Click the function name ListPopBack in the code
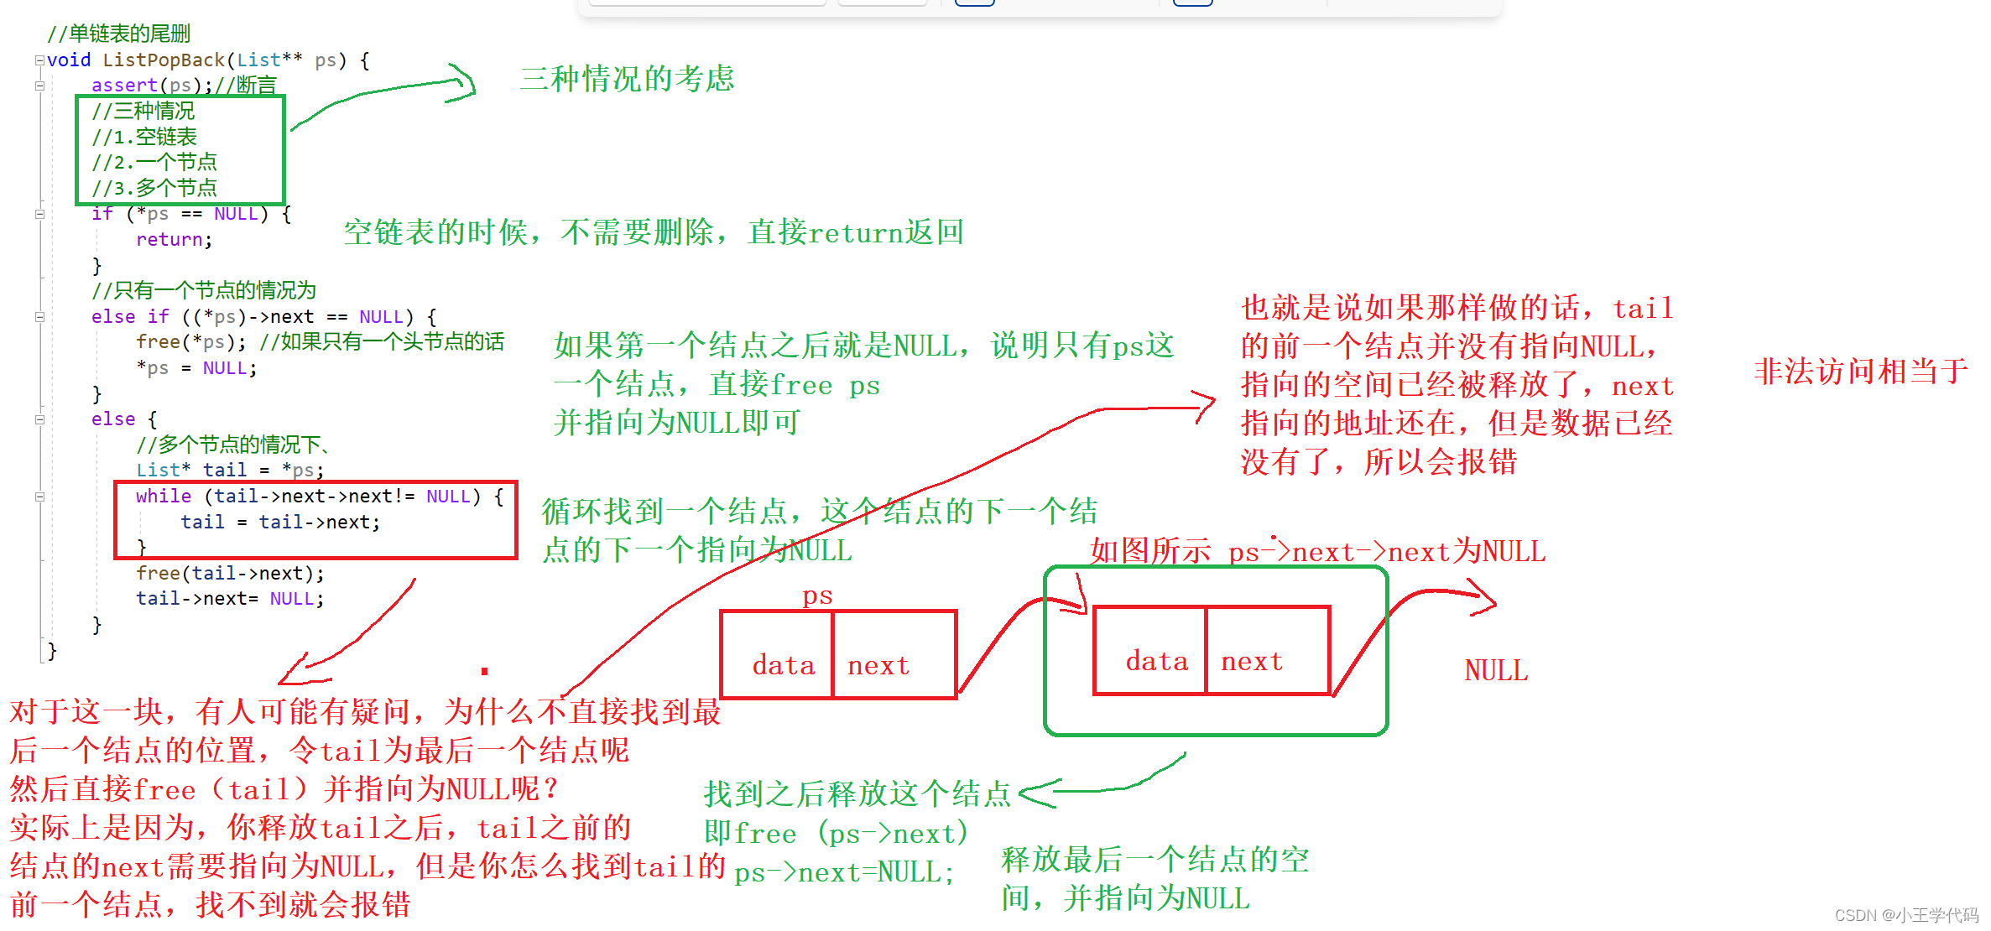click(x=164, y=60)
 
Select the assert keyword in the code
click(x=124, y=86)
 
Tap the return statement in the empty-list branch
click(x=173, y=240)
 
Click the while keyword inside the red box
click(x=163, y=497)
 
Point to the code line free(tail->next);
click(x=230, y=574)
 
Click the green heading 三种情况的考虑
click(x=627, y=79)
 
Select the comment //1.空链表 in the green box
click(x=144, y=137)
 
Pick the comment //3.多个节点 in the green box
click(x=154, y=188)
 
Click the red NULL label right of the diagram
click(x=1496, y=671)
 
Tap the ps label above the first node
click(x=817, y=596)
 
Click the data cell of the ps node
click(x=783, y=665)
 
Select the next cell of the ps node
click(x=878, y=665)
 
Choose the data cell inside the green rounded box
click(x=1156, y=661)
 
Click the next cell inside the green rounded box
click(x=1252, y=661)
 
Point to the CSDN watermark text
click(x=1906, y=915)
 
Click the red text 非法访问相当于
click(x=1861, y=372)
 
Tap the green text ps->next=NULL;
click(x=844, y=873)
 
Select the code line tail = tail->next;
click(x=280, y=523)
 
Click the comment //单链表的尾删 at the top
click(x=119, y=34)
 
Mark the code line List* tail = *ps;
click(x=230, y=471)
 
